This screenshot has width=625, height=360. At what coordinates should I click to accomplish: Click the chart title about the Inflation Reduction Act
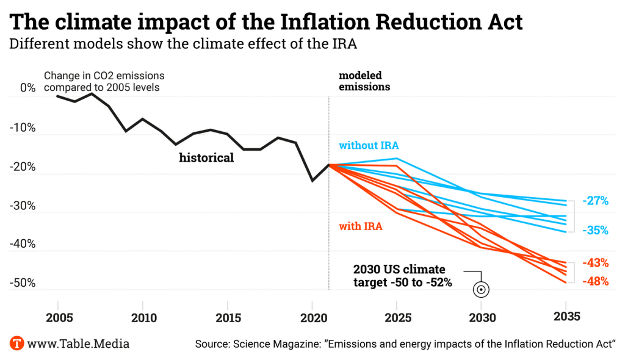pos(267,22)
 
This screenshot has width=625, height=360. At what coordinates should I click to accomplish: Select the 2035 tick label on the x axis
pos(565,317)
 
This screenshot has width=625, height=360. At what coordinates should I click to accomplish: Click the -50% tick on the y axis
pos(24,284)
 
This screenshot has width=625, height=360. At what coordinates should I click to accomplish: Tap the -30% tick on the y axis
pos(24,206)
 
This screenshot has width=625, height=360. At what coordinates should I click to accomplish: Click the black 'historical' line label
pos(206,158)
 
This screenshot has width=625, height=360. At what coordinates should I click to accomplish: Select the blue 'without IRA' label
pos(369,145)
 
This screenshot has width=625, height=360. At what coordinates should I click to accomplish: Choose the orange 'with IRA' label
pos(361,226)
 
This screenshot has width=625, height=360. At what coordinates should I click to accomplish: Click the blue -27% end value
pos(595,200)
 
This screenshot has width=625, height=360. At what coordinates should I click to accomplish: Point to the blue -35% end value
pos(595,231)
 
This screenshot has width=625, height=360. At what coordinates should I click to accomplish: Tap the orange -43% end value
pos(595,263)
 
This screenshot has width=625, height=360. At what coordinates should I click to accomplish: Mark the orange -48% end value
pos(595,281)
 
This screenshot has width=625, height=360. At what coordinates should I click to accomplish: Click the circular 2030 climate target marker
pos(481,290)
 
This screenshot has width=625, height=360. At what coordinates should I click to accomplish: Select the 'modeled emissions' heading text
pos(364,81)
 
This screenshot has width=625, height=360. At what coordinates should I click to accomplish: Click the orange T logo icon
pos(17,343)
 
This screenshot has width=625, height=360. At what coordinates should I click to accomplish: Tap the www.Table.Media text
pos(79,344)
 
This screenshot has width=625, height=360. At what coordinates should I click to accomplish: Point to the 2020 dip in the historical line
pos(312,181)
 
